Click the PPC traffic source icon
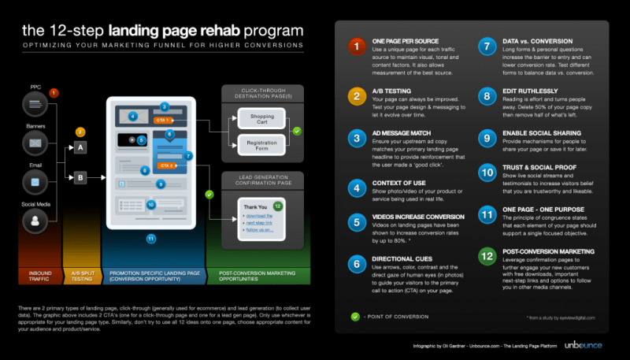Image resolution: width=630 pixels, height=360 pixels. pyautogui.click(x=35, y=103)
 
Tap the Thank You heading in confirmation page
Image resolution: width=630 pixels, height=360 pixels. pyautogui.click(x=251, y=207)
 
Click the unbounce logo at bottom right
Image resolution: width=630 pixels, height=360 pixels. pyautogui.click(x=585, y=345)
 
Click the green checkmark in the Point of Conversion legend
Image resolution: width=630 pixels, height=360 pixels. pyautogui.click(x=357, y=317)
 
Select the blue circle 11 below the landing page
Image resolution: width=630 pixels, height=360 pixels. pyautogui.click(x=151, y=239)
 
